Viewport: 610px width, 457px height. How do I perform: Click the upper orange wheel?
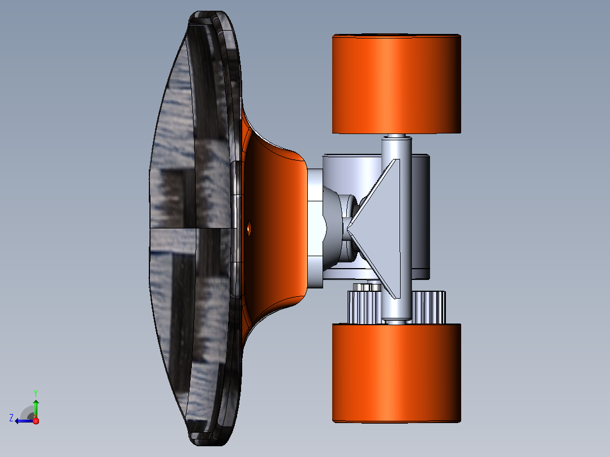(x=397, y=84)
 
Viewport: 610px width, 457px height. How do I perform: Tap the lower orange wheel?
(x=397, y=373)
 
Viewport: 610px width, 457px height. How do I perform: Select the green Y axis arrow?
(x=36, y=409)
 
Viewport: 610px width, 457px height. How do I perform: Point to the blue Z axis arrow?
(x=24, y=421)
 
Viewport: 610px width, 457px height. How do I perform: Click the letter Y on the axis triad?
(x=36, y=393)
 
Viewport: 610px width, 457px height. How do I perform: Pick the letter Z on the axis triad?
(x=11, y=418)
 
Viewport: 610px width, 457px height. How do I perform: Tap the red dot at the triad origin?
(x=36, y=421)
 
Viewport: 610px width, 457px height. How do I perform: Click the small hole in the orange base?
(x=249, y=228)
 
